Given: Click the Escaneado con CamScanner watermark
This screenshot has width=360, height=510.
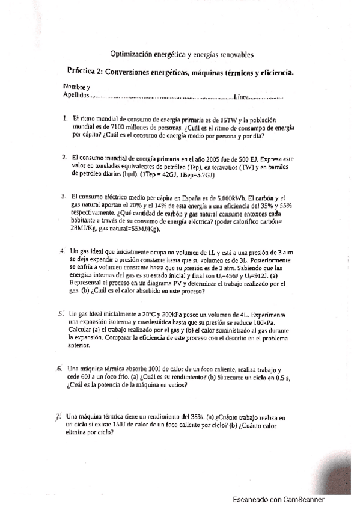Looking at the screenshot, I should (279, 499).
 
